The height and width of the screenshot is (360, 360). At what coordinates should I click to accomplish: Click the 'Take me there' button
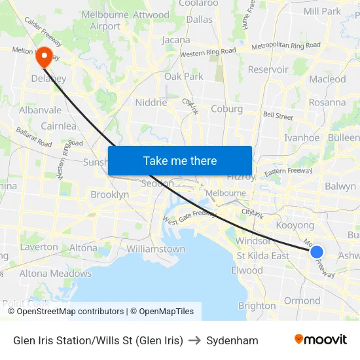point(180,160)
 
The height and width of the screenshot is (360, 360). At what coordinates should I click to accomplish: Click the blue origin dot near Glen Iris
point(317,252)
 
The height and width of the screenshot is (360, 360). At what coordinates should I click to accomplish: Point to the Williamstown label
point(156,249)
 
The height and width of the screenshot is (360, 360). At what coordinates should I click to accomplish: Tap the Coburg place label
point(226,109)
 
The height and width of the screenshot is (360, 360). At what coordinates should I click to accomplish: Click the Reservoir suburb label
point(268,69)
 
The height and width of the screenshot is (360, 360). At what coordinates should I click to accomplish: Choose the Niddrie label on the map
point(151,102)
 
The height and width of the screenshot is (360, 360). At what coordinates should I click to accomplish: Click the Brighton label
point(257,306)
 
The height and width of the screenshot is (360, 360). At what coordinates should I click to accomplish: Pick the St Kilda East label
point(262,255)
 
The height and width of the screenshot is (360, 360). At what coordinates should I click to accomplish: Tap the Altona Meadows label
point(56,273)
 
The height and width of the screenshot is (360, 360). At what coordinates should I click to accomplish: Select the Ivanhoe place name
point(302,137)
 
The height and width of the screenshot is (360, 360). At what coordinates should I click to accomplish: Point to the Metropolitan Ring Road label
point(286,46)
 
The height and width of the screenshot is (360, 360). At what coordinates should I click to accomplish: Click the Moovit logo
point(321,339)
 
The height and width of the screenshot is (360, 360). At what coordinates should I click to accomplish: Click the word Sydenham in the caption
point(232,340)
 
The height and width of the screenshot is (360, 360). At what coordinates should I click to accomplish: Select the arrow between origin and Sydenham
point(194,340)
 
